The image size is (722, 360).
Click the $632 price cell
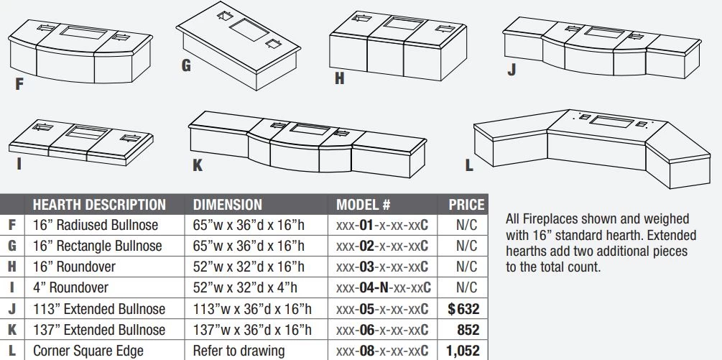coord(463,309)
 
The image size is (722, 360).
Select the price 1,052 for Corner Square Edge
coord(463,351)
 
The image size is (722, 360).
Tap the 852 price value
coord(468,330)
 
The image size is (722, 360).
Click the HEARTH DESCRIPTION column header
coord(99,204)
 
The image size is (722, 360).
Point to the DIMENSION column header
coord(228,204)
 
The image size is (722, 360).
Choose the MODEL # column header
coord(364,204)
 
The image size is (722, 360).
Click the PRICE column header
coord(467,204)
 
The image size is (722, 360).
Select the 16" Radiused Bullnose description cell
coord(96,225)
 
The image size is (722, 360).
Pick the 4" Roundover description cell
coord(70,287)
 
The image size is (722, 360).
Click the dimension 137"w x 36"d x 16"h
coord(252,330)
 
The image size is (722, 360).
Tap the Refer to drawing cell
coord(239,351)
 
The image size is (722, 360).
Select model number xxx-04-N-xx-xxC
coord(383,287)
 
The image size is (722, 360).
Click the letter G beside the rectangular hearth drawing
coord(186,65)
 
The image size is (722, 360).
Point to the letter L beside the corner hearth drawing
coord(468,165)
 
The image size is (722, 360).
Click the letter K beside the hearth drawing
coord(198,165)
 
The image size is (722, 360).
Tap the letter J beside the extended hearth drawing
coord(511,69)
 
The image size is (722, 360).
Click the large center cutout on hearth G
coord(249,29)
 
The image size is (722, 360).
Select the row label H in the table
coord(12,267)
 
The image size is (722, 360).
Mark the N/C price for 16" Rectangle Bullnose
coord(467,246)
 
